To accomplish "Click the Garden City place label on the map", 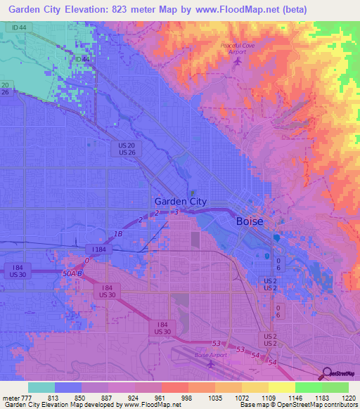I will (x=181, y=201).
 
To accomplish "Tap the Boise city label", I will (x=249, y=221).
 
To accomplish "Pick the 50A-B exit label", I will (x=72, y=273).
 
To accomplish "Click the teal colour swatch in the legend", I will (x=41, y=387).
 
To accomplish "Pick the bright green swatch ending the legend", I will (x=335, y=387).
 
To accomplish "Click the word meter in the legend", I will (x=11, y=397).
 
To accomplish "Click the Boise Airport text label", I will (x=209, y=356).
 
